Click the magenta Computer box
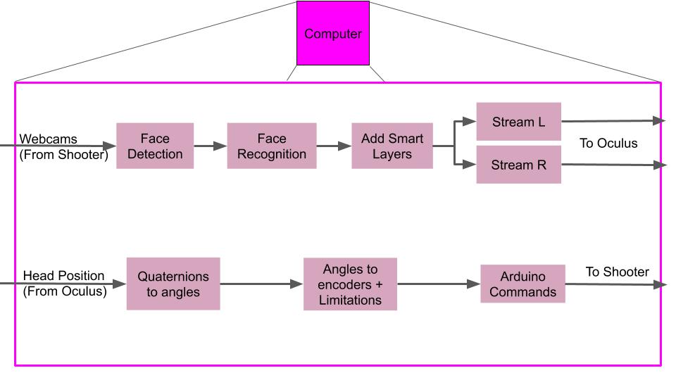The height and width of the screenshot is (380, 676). click(x=332, y=33)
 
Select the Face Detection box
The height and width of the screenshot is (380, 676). click(x=155, y=146)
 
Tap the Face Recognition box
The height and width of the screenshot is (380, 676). click(x=272, y=146)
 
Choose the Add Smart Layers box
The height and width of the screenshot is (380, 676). click(x=392, y=146)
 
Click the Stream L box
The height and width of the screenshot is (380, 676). click(x=518, y=122)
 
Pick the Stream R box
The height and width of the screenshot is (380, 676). click(x=518, y=165)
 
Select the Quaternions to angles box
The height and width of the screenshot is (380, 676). click(x=173, y=284)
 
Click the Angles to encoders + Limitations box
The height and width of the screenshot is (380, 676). click(x=350, y=284)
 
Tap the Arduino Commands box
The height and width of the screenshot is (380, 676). click(x=522, y=284)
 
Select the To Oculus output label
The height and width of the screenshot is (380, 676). click(x=608, y=144)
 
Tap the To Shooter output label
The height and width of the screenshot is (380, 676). click(x=618, y=272)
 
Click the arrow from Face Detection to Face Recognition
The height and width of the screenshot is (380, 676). click(x=210, y=146)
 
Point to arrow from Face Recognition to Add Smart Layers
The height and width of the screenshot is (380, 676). click(x=334, y=146)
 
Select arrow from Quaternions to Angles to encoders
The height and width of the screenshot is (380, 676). click(x=261, y=284)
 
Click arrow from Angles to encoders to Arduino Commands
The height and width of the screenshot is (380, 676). click(x=438, y=284)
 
